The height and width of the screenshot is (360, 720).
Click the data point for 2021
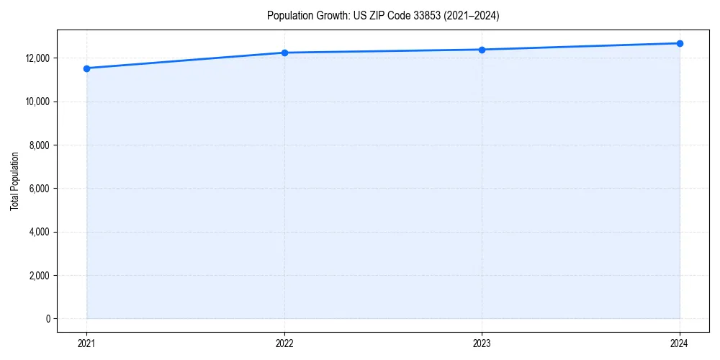click(86, 68)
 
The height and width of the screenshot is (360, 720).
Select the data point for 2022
click(284, 53)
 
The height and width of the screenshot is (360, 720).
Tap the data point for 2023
click(482, 50)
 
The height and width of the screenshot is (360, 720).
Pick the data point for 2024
click(680, 43)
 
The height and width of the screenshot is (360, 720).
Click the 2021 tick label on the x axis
click(86, 343)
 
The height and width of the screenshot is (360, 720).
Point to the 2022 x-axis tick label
click(284, 343)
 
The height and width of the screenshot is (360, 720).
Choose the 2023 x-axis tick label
click(482, 343)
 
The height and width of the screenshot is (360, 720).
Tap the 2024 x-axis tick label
click(680, 343)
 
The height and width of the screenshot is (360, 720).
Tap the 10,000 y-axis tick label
click(37, 102)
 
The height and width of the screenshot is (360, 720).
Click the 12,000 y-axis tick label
click(37, 58)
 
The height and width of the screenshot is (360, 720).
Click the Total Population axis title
click(14, 181)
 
